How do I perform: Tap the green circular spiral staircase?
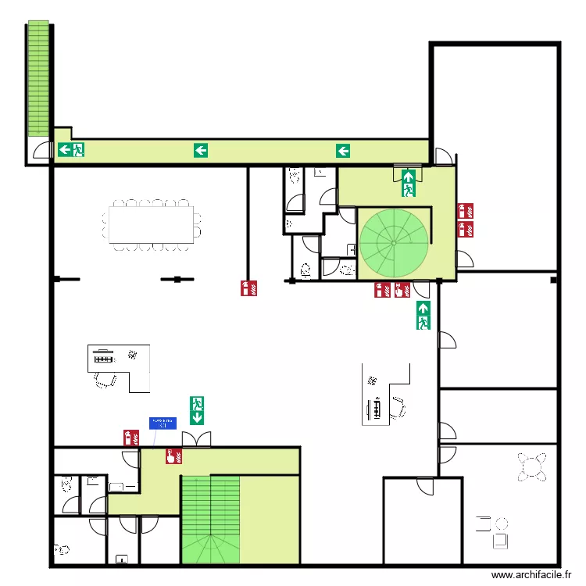[395, 241]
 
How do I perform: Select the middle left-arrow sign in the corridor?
[201, 150]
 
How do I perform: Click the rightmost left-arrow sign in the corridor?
[343, 150]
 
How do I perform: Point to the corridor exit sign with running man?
[71, 150]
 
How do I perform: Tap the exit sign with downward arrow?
[197, 410]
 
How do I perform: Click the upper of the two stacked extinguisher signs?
[466, 211]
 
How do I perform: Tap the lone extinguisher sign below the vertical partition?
[249, 288]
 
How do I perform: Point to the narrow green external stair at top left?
[38, 78]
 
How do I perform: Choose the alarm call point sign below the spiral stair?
[402, 291]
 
